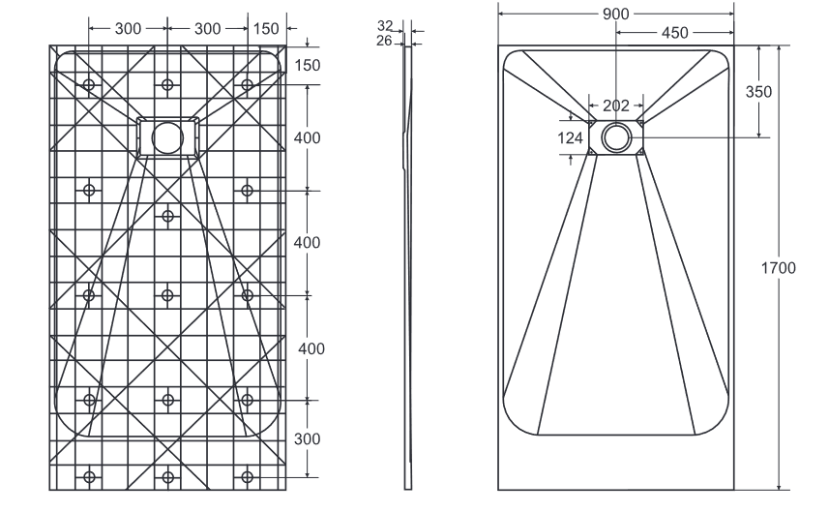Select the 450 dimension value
[x=675, y=33]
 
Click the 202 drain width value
[x=616, y=106]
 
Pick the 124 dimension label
[x=572, y=138]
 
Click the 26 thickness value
[x=385, y=41]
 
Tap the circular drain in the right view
[x=616, y=136]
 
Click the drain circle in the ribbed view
[x=168, y=136]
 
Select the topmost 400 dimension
[x=308, y=137]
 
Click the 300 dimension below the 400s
[x=308, y=438]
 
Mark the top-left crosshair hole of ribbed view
[x=89, y=85]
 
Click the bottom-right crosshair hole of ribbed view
[x=248, y=476]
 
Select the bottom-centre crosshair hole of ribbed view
[x=168, y=476]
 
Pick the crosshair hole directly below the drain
[x=168, y=215]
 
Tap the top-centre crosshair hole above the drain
[x=168, y=85]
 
